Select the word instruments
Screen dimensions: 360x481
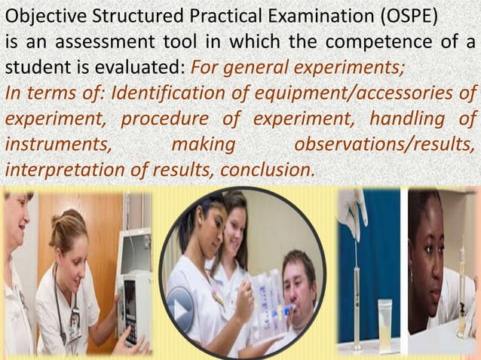(x=56, y=143)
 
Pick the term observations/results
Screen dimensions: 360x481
(x=384, y=143)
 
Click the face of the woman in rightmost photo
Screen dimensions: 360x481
(x=429, y=249)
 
